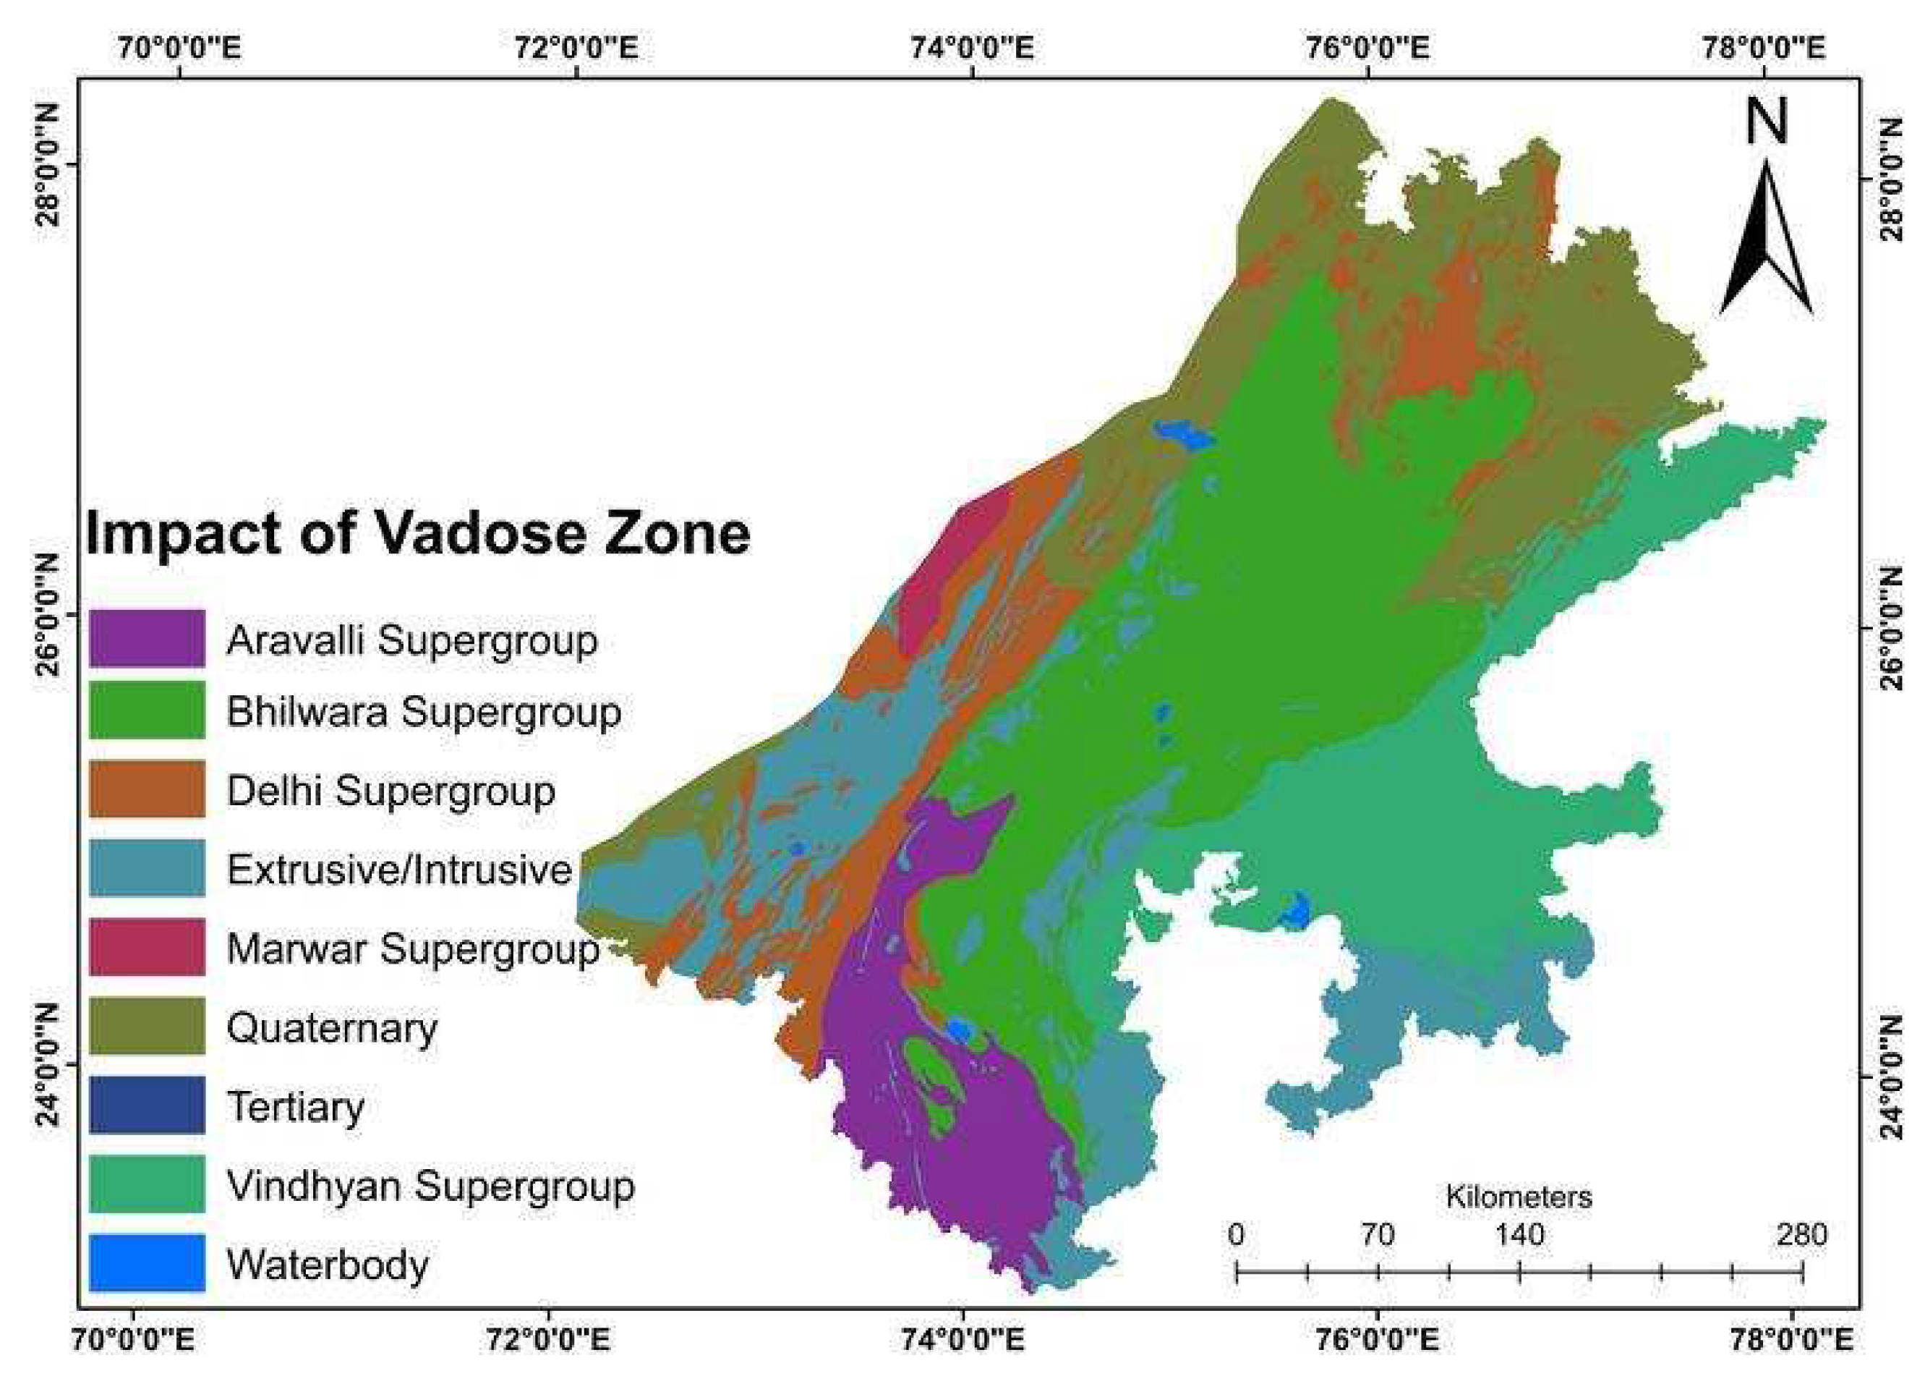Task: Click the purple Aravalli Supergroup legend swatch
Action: point(147,639)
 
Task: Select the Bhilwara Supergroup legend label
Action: point(424,711)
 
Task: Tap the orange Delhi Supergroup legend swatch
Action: point(147,789)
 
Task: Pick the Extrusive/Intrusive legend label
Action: point(400,870)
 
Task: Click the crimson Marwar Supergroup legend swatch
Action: point(147,947)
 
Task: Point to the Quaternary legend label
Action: point(332,1028)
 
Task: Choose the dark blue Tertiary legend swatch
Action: point(147,1105)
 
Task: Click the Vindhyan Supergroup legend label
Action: point(430,1186)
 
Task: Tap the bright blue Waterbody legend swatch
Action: point(147,1262)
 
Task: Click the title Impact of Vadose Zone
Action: point(417,534)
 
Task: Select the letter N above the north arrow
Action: point(1767,122)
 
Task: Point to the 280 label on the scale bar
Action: point(1800,1234)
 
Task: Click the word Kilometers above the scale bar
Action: point(1519,1197)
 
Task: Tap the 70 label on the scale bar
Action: point(1378,1234)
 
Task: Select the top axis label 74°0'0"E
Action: point(972,48)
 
